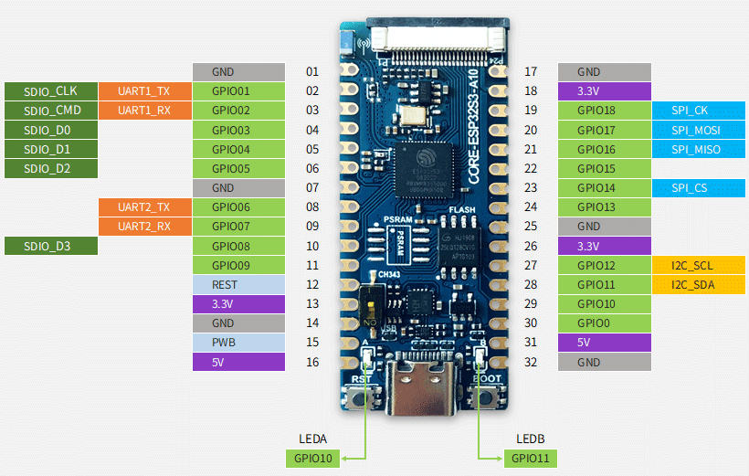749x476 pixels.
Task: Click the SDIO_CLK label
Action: tap(50, 90)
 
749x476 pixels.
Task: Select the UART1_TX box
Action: tap(144, 90)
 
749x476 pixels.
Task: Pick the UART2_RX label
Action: tap(144, 227)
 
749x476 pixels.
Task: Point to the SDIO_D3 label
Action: tap(50, 246)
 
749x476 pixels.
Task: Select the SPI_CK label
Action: tap(690, 110)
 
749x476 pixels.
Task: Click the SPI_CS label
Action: tap(690, 188)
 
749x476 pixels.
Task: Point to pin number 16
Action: tap(312, 362)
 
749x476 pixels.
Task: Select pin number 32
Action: tap(532, 362)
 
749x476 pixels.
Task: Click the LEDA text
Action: tap(312, 439)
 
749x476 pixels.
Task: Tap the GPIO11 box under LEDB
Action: tap(530, 458)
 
